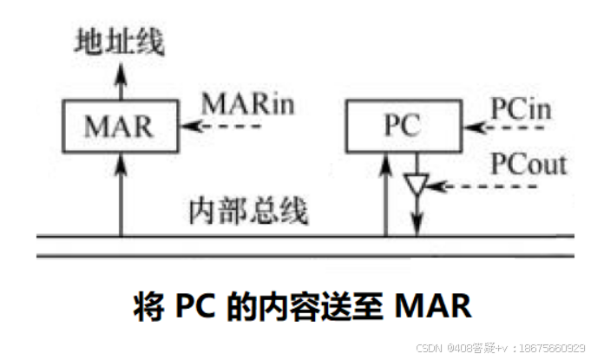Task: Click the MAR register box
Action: [119, 126]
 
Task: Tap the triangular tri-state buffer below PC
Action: [417, 185]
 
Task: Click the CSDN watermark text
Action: [430, 347]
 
